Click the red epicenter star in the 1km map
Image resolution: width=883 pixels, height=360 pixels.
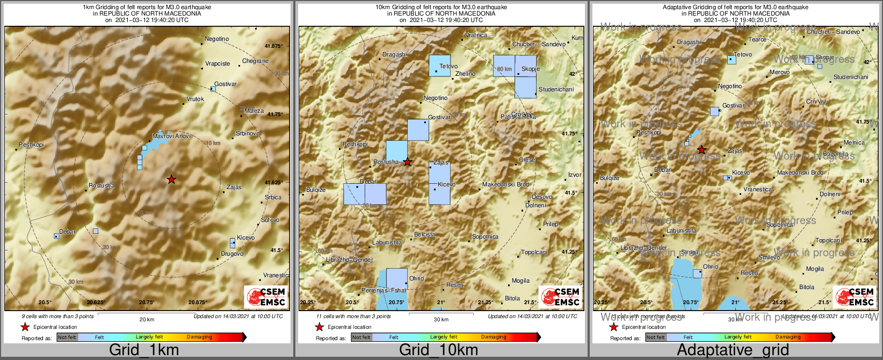click(x=171, y=179)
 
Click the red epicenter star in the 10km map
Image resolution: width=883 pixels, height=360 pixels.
click(x=408, y=162)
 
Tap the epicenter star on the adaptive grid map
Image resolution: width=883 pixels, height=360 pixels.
click(x=701, y=150)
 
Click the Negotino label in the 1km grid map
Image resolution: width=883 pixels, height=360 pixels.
click(x=216, y=39)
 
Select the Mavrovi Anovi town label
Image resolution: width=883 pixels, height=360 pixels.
click(x=171, y=136)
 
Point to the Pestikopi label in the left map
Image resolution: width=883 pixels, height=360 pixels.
click(x=31, y=145)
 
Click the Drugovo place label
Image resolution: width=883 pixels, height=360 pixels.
click(x=232, y=254)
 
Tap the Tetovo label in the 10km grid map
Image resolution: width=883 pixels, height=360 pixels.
click(x=448, y=67)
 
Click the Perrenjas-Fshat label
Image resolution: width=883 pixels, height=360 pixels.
click(x=383, y=291)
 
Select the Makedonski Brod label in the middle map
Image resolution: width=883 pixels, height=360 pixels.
click(x=505, y=185)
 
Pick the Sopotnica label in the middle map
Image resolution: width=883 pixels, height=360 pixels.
click(x=485, y=237)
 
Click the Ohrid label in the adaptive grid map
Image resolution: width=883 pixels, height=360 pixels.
click(x=710, y=267)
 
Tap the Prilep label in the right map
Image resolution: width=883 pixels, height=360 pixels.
click(x=845, y=213)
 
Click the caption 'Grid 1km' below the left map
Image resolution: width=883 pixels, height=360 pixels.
click(x=144, y=350)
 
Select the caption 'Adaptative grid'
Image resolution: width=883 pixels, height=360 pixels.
click(x=733, y=350)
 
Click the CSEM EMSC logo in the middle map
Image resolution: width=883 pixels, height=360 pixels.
click(x=561, y=297)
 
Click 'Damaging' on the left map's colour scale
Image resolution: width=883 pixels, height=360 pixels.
click(x=199, y=337)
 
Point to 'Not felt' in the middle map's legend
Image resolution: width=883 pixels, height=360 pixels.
click(x=361, y=337)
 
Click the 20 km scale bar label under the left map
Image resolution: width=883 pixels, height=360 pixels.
click(x=147, y=320)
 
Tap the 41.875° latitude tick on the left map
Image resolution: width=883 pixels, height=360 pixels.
click(x=273, y=46)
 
